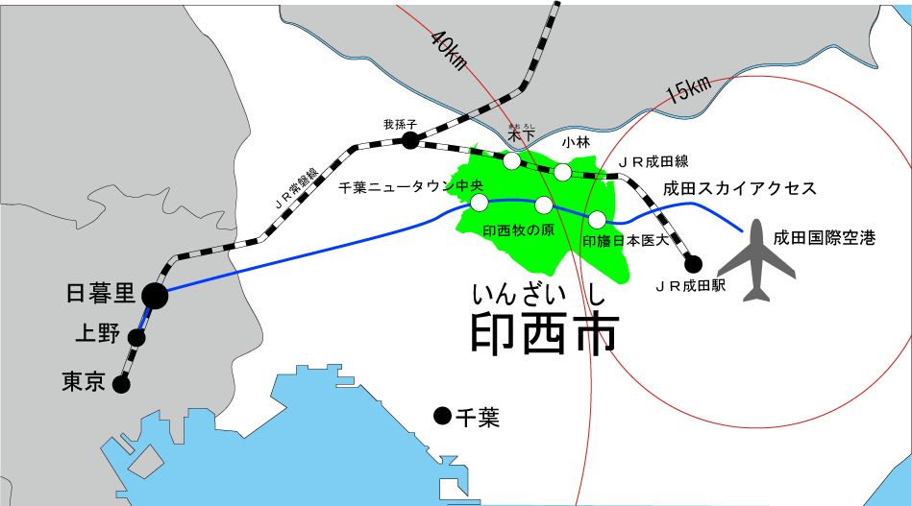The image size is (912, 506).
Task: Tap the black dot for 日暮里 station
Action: (154, 296)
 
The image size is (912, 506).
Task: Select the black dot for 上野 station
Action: (136, 337)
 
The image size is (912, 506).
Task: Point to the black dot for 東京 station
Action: (121, 385)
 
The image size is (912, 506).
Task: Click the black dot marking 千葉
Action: (442, 416)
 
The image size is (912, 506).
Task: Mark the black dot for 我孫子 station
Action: (410, 141)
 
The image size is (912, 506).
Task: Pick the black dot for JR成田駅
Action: (692, 263)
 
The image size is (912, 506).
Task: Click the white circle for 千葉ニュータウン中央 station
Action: (479, 203)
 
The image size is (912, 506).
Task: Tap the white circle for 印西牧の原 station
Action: (544, 205)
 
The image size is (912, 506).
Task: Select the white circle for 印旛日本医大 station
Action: (598, 219)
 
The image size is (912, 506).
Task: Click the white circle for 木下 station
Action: (511, 159)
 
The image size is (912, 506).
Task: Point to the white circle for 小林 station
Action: (562, 172)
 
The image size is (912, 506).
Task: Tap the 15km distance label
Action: (689, 88)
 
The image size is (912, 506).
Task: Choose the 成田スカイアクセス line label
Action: (741, 188)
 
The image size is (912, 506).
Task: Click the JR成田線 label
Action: (654, 160)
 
